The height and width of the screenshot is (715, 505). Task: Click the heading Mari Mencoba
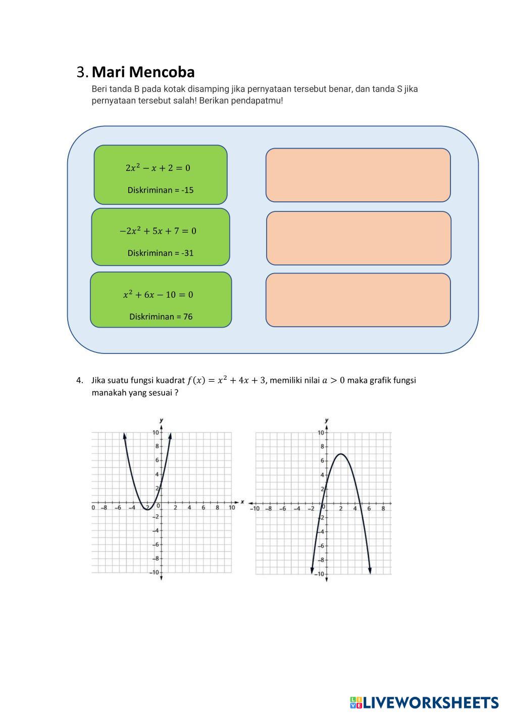pyautogui.click(x=143, y=72)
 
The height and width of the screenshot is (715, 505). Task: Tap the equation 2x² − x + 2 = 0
pyautogui.click(x=158, y=168)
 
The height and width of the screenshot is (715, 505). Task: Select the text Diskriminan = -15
pyautogui.click(x=161, y=190)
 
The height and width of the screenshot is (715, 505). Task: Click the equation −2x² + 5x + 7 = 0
pyautogui.click(x=158, y=231)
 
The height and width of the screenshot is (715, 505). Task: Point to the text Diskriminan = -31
pyautogui.click(x=161, y=253)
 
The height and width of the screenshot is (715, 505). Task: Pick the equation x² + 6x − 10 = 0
pyautogui.click(x=158, y=295)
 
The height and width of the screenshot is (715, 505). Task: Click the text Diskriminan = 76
pyautogui.click(x=161, y=317)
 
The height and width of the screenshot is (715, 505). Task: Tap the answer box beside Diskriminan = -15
pyautogui.click(x=358, y=175)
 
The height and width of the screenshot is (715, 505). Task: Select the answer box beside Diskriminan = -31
pyautogui.click(x=359, y=238)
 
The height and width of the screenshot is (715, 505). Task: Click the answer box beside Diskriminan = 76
pyautogui.click(x=358, y=300)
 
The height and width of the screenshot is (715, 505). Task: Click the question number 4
pyautogui.click(x=79, y=380)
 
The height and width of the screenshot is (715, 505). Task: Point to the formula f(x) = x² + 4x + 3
pyautogui.click(x=226, y=380)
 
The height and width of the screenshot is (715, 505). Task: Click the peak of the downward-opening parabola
pyautogui.click(x=341, y=454)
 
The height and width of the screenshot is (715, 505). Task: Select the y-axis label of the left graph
pyautogui.click(x=161, y=420)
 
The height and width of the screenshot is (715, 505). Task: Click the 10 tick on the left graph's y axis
pyautogui.click(x=156, y=432)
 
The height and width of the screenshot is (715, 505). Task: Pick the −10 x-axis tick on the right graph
pyautogui.click(x=255, y=509)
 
